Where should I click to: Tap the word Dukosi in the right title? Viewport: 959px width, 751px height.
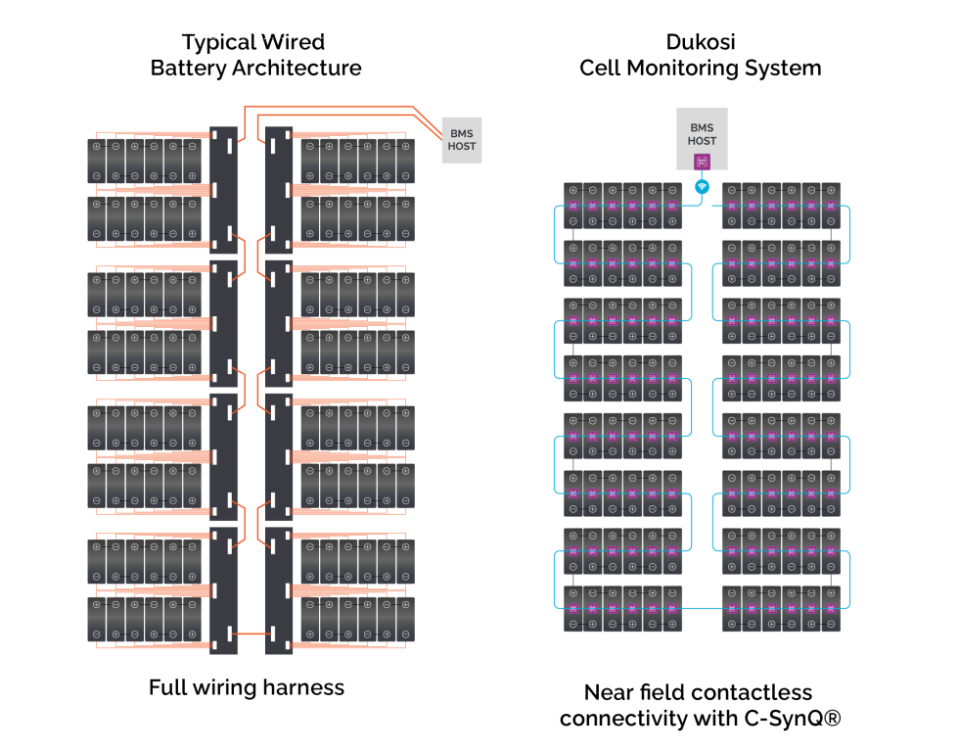point(701,42)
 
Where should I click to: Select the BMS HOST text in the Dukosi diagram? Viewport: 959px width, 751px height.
point(701,134)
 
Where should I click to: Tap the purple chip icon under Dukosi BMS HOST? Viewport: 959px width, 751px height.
point(701,164)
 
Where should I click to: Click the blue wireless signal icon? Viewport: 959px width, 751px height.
point(701,186)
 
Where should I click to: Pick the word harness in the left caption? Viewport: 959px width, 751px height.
point(302,687)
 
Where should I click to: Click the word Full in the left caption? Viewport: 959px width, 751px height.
point(167,687)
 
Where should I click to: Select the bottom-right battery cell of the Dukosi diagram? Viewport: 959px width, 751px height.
point(830,608)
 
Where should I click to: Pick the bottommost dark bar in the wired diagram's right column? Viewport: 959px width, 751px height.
point(279,590)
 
